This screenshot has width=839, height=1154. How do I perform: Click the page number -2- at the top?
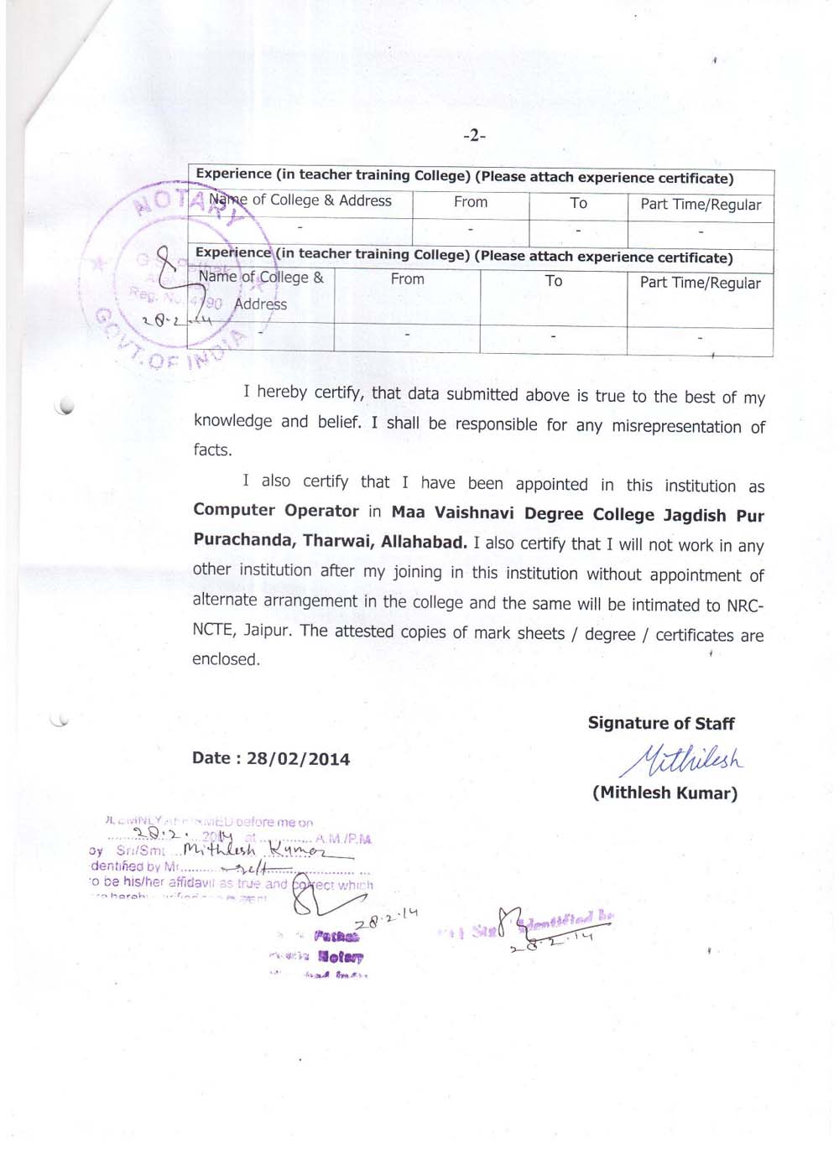[474, 135]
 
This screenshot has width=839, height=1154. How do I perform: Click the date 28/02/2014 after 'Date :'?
[298, 759]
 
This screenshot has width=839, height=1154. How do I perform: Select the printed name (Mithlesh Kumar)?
[664, 793]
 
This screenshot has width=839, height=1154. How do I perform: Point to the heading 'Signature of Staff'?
[660, 723]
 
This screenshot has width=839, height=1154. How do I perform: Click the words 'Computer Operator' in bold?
[275, 511]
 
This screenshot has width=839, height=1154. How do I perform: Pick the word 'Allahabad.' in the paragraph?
[424, 542]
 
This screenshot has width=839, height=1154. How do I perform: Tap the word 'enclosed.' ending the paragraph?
[226, 659]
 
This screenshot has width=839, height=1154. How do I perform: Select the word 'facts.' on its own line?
[212, 450]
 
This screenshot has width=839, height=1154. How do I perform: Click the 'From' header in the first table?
[470, 202]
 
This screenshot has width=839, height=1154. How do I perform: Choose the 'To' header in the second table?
[554, 281]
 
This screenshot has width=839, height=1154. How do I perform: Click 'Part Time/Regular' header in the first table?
[701, 205]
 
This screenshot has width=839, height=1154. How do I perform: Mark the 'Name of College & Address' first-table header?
[300, 200]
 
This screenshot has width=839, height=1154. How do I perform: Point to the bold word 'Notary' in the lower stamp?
[340, 956]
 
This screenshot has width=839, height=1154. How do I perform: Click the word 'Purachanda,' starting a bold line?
[243, 540]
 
